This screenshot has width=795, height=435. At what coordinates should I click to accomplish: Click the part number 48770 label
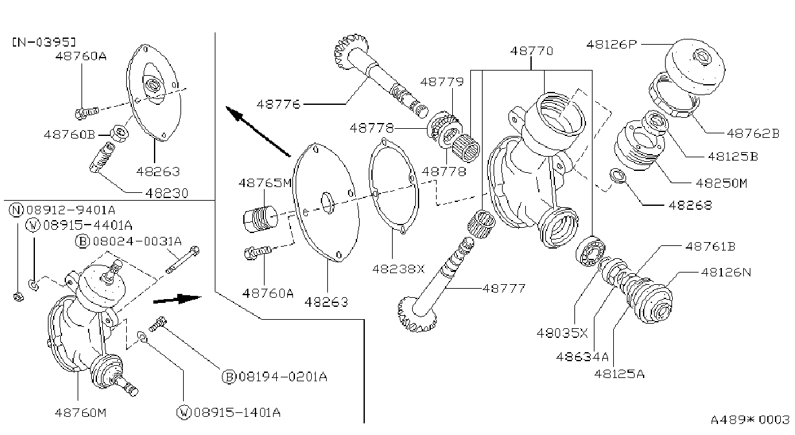pos(531,51)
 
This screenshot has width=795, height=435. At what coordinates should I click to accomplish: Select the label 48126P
pos(611,45)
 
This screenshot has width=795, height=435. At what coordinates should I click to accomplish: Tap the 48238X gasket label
pos(398,269)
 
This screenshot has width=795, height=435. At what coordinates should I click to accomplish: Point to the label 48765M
pos(265,183)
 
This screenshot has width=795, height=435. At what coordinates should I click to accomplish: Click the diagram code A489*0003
pos(750,419)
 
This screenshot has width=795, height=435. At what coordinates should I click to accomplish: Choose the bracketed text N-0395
pos(44,43)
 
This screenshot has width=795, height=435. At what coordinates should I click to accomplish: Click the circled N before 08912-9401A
pos(16,210)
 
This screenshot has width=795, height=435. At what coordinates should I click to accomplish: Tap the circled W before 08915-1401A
pos(184,412)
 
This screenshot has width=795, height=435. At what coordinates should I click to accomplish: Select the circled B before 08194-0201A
pos(229,376)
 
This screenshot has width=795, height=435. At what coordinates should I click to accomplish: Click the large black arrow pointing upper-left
pos(258,131)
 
